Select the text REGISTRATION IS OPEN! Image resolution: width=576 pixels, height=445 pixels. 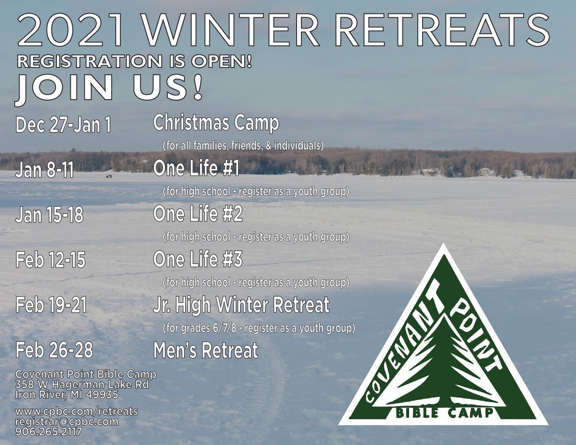pos(134,61)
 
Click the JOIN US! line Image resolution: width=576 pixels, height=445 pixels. pos(109,88)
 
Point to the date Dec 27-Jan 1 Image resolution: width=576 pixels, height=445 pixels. pos(63,125)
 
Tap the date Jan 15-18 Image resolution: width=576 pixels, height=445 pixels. pos(49,215)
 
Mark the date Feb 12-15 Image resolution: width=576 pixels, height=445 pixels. pos(50,260)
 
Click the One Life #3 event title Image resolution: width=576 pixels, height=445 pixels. pos(198,259)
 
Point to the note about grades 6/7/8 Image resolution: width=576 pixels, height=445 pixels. pos(259,328)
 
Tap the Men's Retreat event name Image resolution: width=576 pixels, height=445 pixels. pos(206,350)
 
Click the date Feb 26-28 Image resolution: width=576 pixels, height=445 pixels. pos(54,350)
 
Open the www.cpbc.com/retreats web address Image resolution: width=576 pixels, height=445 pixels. pos(76,411)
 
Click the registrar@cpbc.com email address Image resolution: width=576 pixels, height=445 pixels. pos(67,422)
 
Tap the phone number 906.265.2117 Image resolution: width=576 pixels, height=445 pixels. pos(49,432)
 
